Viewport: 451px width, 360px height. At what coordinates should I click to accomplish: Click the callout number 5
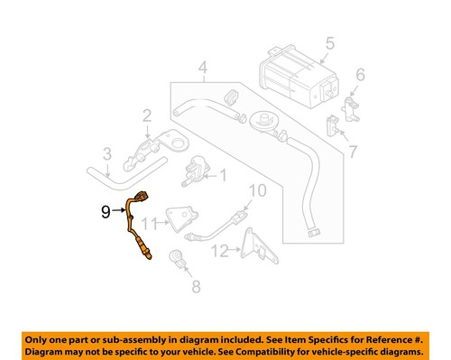pyautogui.click(x=329, y=42)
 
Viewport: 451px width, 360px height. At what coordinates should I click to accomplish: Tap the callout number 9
pyautogui.click(x=105, y=213)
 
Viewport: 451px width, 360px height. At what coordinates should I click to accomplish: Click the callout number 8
pyautogui.click(x=191, y=288)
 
